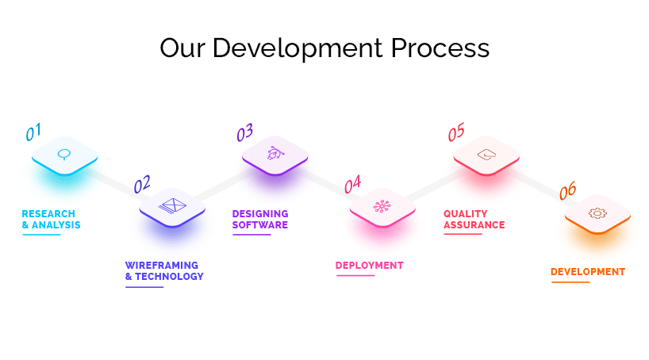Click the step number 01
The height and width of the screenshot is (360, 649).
pos(33,132)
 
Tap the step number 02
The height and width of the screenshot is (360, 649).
pos(142,184)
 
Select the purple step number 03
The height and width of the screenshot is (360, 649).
pos(244,132)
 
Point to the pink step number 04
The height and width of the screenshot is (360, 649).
pos(352,184)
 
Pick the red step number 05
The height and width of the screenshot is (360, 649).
pos(456,132)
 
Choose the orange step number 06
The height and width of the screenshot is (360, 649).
pos(567,190)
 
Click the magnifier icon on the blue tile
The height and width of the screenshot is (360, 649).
pos(63,155)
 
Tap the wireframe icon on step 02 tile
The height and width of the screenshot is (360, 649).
pos(172,205)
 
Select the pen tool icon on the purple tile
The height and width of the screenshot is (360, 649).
pos(275,153)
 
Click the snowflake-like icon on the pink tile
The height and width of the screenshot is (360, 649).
pos(382,206)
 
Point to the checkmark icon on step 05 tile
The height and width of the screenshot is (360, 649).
pos(487,155)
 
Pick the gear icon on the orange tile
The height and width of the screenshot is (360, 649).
pos(597,213)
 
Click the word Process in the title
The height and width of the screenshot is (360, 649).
pos(440,48)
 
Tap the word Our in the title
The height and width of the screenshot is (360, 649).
pos(182,48)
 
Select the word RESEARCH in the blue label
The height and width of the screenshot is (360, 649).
pos(48,214)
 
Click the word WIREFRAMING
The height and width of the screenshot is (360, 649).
pos(162,265)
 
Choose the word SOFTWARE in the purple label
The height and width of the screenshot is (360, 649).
pos(260,224)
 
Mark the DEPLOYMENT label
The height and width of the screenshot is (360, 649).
pos(369,265)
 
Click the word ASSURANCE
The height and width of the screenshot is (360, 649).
pos(474,224)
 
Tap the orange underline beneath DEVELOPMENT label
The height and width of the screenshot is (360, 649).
pos(570,282)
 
